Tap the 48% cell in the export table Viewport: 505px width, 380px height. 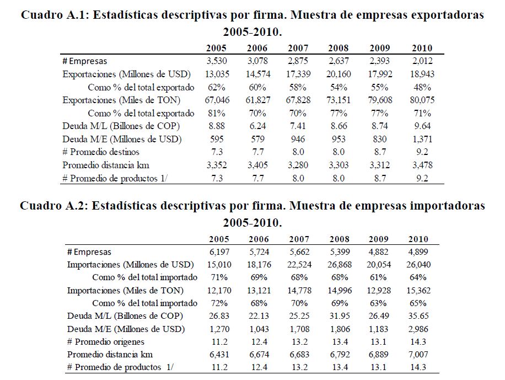(x=421, y=87)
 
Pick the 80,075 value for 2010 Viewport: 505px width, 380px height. (x=421, y=100)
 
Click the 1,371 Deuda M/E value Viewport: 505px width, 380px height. (x=421, y=139)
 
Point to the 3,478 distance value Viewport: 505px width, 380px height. (x=421, y=165)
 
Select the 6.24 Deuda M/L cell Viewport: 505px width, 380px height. (x=257, y=126)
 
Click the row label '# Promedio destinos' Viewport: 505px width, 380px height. (x=101, y=152)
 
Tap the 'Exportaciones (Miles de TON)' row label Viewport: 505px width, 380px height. (x=122, y=100)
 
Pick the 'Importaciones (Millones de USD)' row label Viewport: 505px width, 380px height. (x=130, y=265)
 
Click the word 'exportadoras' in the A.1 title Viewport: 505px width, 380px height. (x=448, y=15)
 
